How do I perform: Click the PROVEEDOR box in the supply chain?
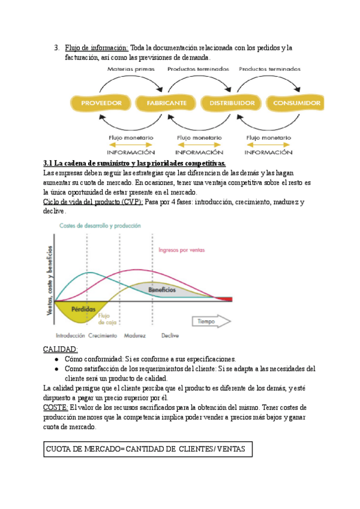101,103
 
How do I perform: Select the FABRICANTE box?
166,103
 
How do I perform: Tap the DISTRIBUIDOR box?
232,103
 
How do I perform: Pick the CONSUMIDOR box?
296,103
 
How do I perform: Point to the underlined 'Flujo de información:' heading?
97,47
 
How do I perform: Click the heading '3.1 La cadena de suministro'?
135,163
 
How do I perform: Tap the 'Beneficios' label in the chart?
162,289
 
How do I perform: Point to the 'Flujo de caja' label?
104,319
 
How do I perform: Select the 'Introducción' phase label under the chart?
70,336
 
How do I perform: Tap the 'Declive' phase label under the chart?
170,336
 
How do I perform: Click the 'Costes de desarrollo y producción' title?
100,226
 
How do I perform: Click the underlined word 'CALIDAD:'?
61,349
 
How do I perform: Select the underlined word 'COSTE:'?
56,406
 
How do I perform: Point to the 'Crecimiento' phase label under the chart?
103,336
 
